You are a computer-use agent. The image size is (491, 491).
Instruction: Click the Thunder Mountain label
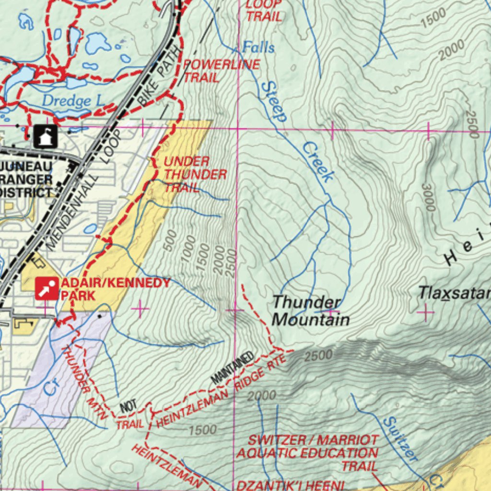pyautogui.click(x=310, y=311)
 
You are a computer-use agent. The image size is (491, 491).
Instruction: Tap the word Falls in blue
pyautogui.click(x=258, y=47)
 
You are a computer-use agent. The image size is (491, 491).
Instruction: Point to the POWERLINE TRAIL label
pyautogui.click(x=222, y=70)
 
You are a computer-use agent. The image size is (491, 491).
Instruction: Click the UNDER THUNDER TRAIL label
pyautogui.click(x=194, y=174)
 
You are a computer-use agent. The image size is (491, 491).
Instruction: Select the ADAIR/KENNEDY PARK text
pyautogui.click(x=115, y=288)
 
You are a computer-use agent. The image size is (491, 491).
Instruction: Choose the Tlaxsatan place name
pyautogui.click(x=454, y=292)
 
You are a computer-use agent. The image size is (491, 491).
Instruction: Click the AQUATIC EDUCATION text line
pyautogui.click(x=307, y=453)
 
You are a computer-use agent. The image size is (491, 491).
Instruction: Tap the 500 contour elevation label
pyautogui.click(x=170, y=240)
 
